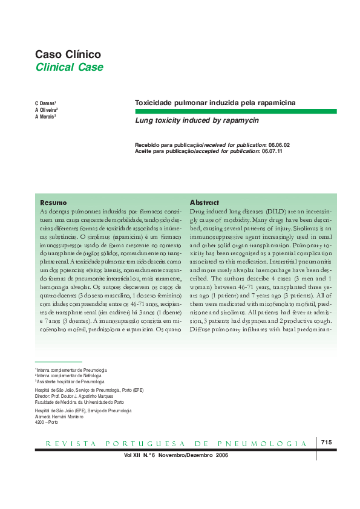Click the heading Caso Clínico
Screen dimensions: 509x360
coord(68,54)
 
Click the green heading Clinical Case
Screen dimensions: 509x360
coord(69,68)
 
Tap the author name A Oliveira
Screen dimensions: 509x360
coord(47,110)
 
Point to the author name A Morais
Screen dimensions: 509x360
coord(45,117)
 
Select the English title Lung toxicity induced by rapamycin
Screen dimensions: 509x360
coord(197,121)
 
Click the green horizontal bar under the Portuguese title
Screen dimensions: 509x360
coord(235,111)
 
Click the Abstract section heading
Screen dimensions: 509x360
coord(204,202)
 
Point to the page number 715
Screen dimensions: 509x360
coord(327,443)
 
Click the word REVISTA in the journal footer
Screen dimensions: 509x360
coord(67,444)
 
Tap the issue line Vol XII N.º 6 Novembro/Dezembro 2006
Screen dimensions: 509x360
coord(175,454)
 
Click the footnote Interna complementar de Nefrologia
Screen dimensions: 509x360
coord(63,375)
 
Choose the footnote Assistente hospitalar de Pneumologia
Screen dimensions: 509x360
coord(70,381)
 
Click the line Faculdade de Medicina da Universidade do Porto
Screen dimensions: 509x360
coord(80,401)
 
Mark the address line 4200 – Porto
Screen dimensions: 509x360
coord(47,421)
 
